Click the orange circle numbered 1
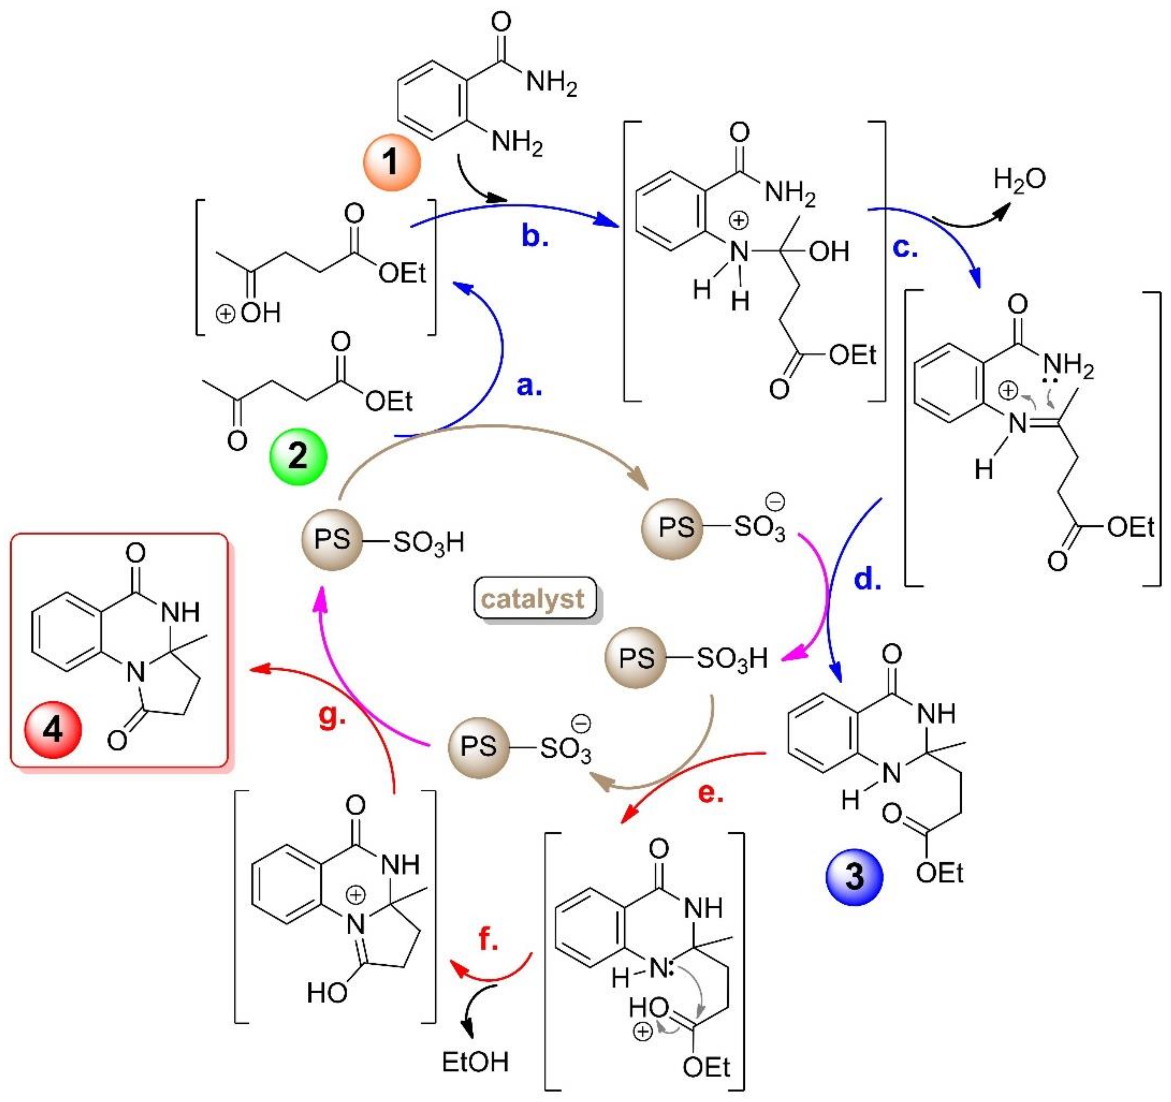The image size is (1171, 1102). pos(392,161)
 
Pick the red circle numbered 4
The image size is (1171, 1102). pos(52,730)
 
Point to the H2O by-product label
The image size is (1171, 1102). pos(1019,178)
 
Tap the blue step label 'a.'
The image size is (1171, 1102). pos(528,386)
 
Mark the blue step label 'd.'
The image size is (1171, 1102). pos(868,580)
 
